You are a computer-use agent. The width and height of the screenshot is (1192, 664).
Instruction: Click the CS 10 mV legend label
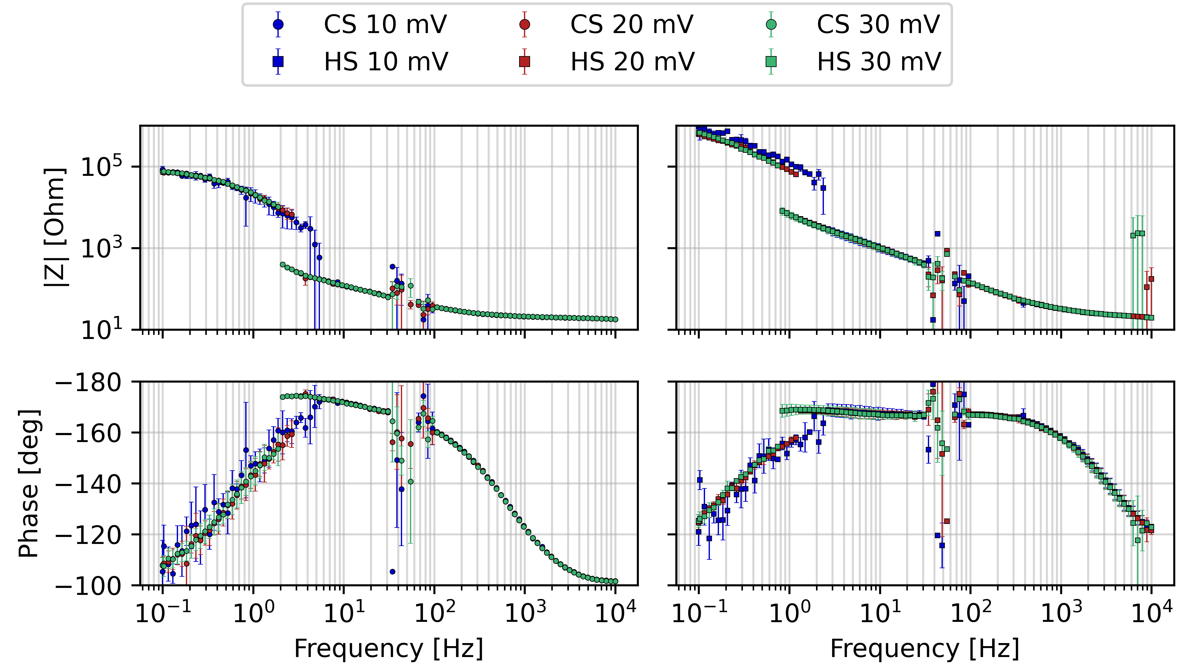[385, 25]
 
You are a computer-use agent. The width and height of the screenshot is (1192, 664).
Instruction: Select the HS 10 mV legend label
[386, 62]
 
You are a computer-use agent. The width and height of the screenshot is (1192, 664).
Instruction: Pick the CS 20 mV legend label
[632, 25]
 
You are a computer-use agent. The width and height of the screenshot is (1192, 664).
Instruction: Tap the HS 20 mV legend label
[633, 62]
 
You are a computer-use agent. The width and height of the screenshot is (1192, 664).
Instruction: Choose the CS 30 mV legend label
[878, 25]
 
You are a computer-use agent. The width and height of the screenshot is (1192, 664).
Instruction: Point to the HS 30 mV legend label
[879, 62]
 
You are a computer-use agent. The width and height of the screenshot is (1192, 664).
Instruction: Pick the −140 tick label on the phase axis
[88, 485]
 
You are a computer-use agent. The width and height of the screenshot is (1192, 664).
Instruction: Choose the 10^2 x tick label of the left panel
[434, 613]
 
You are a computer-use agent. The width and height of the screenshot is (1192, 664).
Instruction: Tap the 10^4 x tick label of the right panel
[1151, 613]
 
